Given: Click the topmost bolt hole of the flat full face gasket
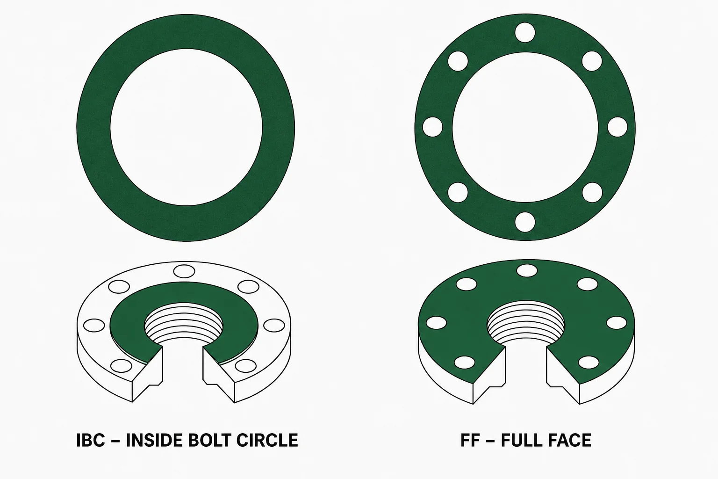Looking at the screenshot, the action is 525,32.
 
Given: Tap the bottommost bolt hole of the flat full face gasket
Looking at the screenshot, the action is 525,222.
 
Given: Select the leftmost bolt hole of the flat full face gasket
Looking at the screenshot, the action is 433,127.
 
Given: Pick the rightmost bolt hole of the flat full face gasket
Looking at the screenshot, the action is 617,127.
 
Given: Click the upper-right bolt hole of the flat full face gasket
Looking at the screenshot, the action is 592,61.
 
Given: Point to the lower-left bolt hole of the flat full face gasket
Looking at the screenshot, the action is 458,193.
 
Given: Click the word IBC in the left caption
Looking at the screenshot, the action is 91,440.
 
